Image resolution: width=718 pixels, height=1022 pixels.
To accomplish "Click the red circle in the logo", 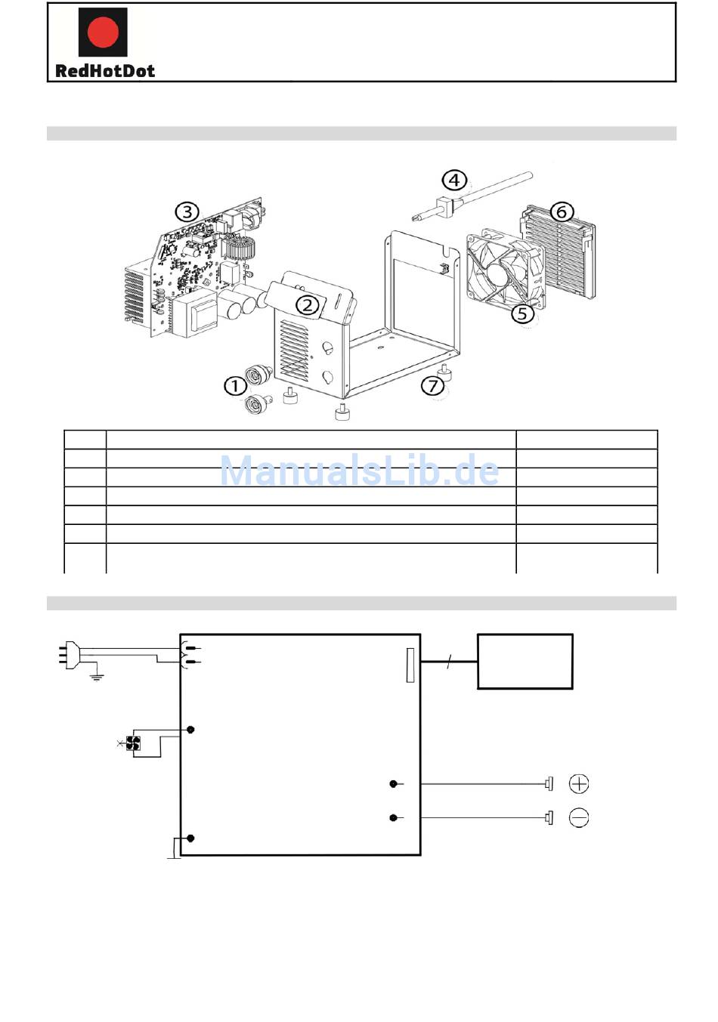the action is click(x=103, y=32).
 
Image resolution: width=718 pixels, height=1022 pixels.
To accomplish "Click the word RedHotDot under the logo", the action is click(x=105, y=71).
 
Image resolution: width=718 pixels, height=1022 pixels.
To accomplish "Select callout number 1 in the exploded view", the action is click(x=235, y=385).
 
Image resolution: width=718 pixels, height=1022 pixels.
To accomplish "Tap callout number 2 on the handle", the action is click(x=307, y=305).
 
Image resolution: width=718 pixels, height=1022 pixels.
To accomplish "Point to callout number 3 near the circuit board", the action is click(x=187, y=212).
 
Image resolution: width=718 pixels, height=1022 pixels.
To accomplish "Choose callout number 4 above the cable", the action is click(x=453, y=180).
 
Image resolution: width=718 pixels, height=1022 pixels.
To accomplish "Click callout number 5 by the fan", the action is click(x=522, y=313).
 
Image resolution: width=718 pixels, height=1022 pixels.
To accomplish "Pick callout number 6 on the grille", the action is click(x=561, y=212).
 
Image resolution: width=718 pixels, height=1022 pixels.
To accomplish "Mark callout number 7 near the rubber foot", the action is click(x=432, y=386).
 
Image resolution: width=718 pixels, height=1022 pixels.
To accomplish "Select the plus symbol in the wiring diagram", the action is click(x=579, y=784).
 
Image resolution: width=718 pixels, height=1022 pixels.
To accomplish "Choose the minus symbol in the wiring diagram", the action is click(x=579, y=817).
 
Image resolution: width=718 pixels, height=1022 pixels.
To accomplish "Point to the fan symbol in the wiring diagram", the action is click(x=134, y=743).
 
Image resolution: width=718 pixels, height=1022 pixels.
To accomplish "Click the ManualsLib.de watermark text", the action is click(x=359, y=471).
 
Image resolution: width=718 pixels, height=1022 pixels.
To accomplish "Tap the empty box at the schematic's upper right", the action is click(x=525, y=662).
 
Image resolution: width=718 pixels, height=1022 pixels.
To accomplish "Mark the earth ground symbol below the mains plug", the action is click(x=96, y=677).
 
